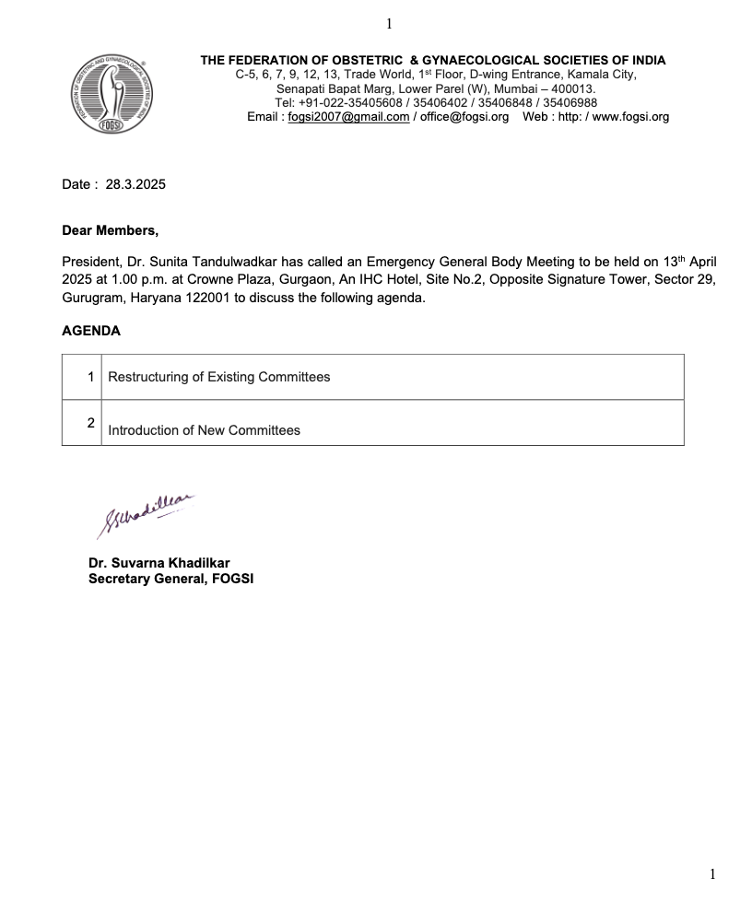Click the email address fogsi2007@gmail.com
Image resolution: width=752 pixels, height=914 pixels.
tap(348, 117)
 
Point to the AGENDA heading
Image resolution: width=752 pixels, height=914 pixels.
tap(91, 331)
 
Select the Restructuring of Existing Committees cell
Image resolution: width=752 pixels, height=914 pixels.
tap(219, 377)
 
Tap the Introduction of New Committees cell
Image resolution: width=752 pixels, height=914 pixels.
tap(204, 430)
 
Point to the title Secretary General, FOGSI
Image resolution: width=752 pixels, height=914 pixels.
tap(170, 579)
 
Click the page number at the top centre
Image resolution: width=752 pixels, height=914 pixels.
tap(389, 24)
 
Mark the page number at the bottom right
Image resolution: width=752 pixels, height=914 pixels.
tap(711, 874)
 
